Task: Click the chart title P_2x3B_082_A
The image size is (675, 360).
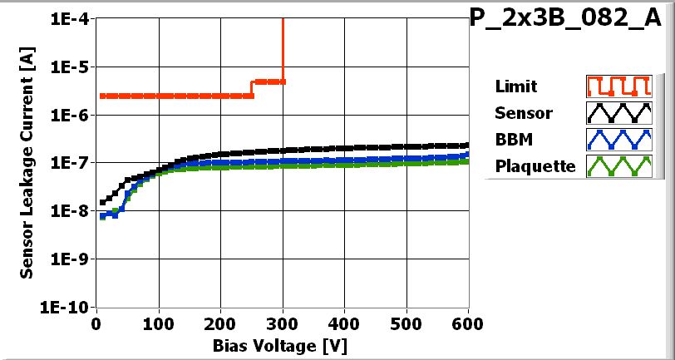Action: point(571,19)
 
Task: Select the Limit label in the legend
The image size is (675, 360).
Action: point(515,86)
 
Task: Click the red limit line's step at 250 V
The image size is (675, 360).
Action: point(252,88)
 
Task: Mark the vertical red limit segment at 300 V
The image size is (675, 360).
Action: point(283,50)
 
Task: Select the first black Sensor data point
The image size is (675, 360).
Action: point(102,202)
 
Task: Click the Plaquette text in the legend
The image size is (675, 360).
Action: point(535,166)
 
